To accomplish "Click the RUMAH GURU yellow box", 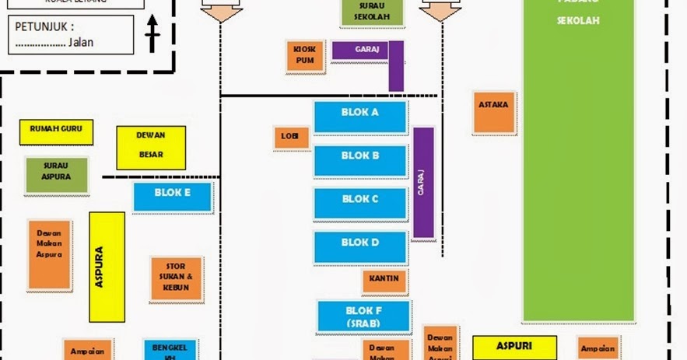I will click(x=56, y=131).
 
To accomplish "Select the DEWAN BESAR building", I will click(x=151, y=147).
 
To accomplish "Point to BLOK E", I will click(x=173, y=196).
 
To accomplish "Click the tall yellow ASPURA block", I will click(x=107, y=267).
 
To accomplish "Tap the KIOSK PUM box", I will click(x=304, y=56).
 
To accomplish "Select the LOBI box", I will click(x=292, y=137).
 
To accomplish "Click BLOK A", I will click(x=360, y=117).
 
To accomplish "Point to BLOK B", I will click(x=360, y=160).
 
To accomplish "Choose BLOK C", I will click(x=360, y=204).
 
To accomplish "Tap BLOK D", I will click(x=360, y=246).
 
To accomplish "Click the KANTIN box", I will click(x=384, y=281).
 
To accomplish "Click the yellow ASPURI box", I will click(x=514, y=348).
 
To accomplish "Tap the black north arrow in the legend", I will click(x=152, y=36).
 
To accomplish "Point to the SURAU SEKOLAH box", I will click(x=371, y=12).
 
